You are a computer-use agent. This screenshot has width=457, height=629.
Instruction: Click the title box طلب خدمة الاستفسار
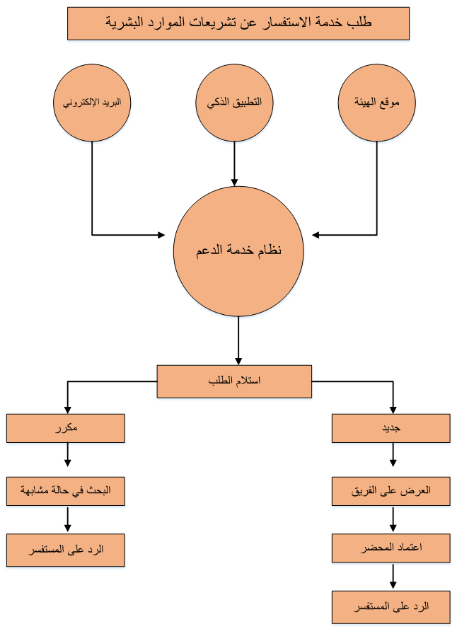[238, 23]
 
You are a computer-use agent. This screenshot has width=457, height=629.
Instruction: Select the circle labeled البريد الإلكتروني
[92, 103]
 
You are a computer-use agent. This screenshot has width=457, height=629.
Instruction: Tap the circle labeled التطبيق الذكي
[235, 103]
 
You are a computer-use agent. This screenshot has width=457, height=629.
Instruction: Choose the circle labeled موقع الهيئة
[377, 103]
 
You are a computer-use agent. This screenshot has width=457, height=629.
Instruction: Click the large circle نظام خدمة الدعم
[238, 251]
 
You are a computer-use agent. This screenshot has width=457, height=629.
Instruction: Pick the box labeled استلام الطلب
[234, 381]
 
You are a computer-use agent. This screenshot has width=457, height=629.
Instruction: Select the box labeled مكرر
[66, 428]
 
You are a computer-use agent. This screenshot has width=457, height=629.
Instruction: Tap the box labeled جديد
[391, 428]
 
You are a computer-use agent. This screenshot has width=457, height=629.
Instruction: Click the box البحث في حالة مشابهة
[66, 491]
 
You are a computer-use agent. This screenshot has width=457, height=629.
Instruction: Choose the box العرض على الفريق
[391, 491]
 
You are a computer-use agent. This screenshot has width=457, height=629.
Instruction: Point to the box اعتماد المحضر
[391, 548]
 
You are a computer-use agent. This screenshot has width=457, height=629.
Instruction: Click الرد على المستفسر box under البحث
[66, 550]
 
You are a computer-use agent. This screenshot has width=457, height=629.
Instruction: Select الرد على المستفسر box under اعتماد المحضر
[391, 607]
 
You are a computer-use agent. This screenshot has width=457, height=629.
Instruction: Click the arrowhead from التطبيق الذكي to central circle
[235, 183]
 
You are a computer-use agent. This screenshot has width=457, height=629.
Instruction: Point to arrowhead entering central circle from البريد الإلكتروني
[161, 235]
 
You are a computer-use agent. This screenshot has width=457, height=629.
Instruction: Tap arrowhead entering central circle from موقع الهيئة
[316, 235]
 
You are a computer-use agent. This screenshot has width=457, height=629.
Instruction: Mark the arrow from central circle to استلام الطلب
[238, 340]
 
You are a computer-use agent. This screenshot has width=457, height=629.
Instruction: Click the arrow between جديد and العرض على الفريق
[393, 454]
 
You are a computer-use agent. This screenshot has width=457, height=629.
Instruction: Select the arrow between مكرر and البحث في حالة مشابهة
[68, 454]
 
